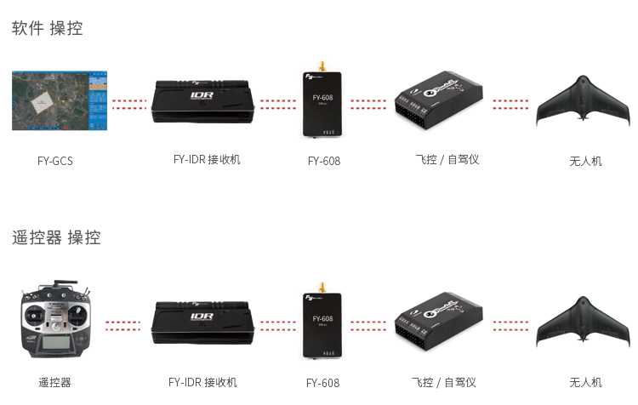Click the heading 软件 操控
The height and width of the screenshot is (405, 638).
coord(48,28)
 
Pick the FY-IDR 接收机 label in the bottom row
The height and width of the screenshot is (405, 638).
coord(202,382)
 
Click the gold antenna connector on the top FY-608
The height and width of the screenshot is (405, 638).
coord(322,66)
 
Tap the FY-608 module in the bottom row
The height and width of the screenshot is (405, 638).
coord(322,324)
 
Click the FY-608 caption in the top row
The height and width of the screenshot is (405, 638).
coord(323,160)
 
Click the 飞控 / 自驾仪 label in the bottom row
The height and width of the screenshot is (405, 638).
coord(443,382)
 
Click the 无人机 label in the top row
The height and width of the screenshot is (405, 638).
coord(585,160)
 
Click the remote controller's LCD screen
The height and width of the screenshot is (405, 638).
coord(55,345)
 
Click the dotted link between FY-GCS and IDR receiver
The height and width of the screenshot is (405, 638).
coord(128,104)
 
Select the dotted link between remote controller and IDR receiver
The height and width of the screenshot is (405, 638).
coord(122,325)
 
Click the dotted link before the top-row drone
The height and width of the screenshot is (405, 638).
coord(510,104)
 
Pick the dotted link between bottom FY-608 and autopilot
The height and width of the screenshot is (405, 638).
coord(368,325)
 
